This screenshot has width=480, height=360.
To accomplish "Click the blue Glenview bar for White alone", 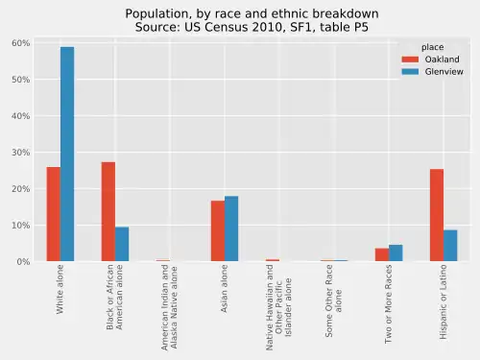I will pyautogui.click(x=67, y=155).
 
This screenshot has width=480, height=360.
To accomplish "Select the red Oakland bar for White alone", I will pyautogui.click(x=53, y=214).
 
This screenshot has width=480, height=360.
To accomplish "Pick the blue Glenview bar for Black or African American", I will pyautogui.click(x=122, y=244).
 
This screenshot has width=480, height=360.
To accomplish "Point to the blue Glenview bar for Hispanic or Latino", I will pyautogui.click(x=450, y=245).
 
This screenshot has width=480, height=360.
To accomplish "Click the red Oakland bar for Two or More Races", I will pyautogui.click(x=382, y=254).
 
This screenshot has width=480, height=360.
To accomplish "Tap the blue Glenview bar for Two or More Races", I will pyautogui.click(x=396, y=252).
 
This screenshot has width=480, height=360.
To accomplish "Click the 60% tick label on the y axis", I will pyautogui.click(x=21, y=43).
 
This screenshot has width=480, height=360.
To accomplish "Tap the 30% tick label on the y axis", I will pyautogui.click(x=21, y=153).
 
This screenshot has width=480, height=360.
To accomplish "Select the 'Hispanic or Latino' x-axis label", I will pyautogui.click(x=444, y=302).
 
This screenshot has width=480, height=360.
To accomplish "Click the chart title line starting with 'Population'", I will pyautogui.click(x=252, y=13).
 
